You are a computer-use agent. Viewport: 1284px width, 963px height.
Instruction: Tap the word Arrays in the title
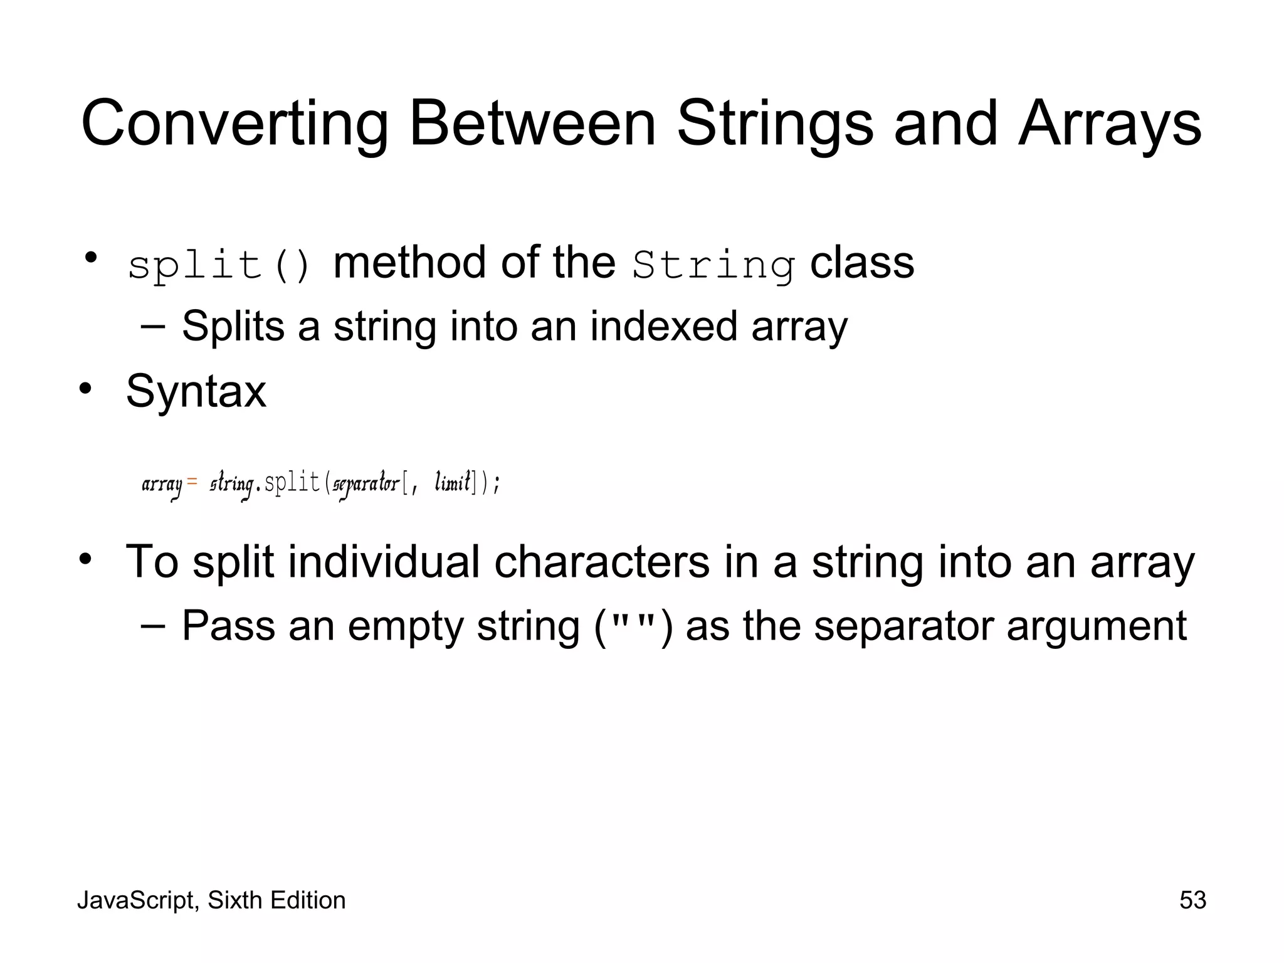coord(1110,124)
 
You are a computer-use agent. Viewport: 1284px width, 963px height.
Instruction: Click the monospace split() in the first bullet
coord(219,265)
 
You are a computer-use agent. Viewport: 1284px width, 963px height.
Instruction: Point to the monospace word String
coord(713,265)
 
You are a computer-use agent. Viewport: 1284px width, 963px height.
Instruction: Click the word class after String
coord(862,263)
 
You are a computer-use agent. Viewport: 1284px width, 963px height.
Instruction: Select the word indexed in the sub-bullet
coord(663,326)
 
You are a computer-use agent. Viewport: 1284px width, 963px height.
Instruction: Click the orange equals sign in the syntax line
coord(192,481)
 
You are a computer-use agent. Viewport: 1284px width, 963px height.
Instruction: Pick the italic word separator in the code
coord(366,485)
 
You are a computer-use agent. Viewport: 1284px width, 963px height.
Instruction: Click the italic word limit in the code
coord(453,483)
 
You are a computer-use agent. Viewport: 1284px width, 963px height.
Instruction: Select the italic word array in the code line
coord(162,485)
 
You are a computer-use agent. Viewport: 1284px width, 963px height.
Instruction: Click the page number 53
coord(1192,900)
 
